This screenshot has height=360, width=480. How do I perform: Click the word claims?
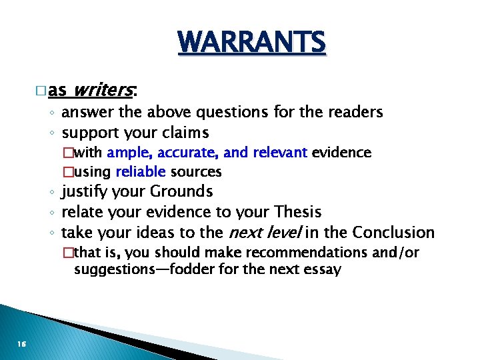coord(185,132)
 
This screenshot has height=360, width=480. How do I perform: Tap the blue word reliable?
coord(141,172)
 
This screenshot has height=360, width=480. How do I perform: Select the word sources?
coord(196,172)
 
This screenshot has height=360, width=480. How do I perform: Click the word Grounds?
coord(181,192)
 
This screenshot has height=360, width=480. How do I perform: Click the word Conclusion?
coord(393,232)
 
